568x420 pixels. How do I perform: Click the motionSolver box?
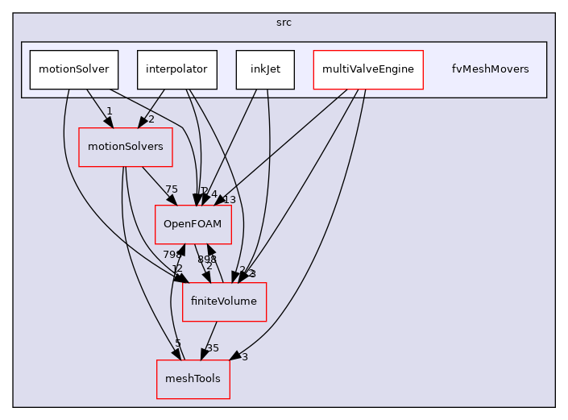pyautogui.click(x=74, y=69)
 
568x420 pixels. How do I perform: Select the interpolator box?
pyautogui.click(x=176, y=69)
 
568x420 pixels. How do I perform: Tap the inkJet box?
pyautogui.click(x=265, y=69)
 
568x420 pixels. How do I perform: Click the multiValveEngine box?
pyautogui.click(x=367, y=69)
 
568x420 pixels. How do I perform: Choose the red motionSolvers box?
pyautogui.click(x=125, y=147)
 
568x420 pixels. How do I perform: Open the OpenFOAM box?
pyautogui.click(x=193, y=225)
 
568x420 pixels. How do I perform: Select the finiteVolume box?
pyautogui.click(x=224, y=302)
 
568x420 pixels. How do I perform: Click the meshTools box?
pyautogui.click(x=193, y=379)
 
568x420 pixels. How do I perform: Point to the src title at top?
pyautogui.click(x=284, y=23)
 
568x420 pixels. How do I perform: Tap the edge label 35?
pyautogui.click(x=212, y=348)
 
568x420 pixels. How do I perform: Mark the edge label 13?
pyautogui.click(x=230, y=200)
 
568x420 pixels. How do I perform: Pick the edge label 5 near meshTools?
pyautogui.click(x=178, y=343)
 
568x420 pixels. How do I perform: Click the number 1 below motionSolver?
pyautogui.click(x=109, y=110)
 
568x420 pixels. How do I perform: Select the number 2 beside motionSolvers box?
pyautogui.click(x=150, y=119)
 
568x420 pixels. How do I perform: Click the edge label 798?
pyautogui.click(x=172, y=254)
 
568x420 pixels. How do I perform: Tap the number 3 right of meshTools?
pyautogui.click(x=244, y=356)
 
